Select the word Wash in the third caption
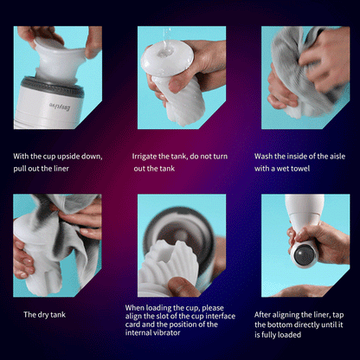point(264,157)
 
